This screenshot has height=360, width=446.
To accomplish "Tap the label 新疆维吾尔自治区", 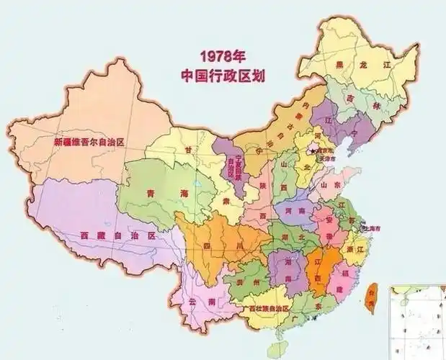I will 89,142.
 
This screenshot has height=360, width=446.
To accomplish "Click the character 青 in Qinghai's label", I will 151,193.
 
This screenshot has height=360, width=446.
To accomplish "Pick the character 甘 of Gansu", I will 189,149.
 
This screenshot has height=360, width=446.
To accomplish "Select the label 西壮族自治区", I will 267,308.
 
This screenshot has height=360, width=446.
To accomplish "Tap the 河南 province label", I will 296,212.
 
